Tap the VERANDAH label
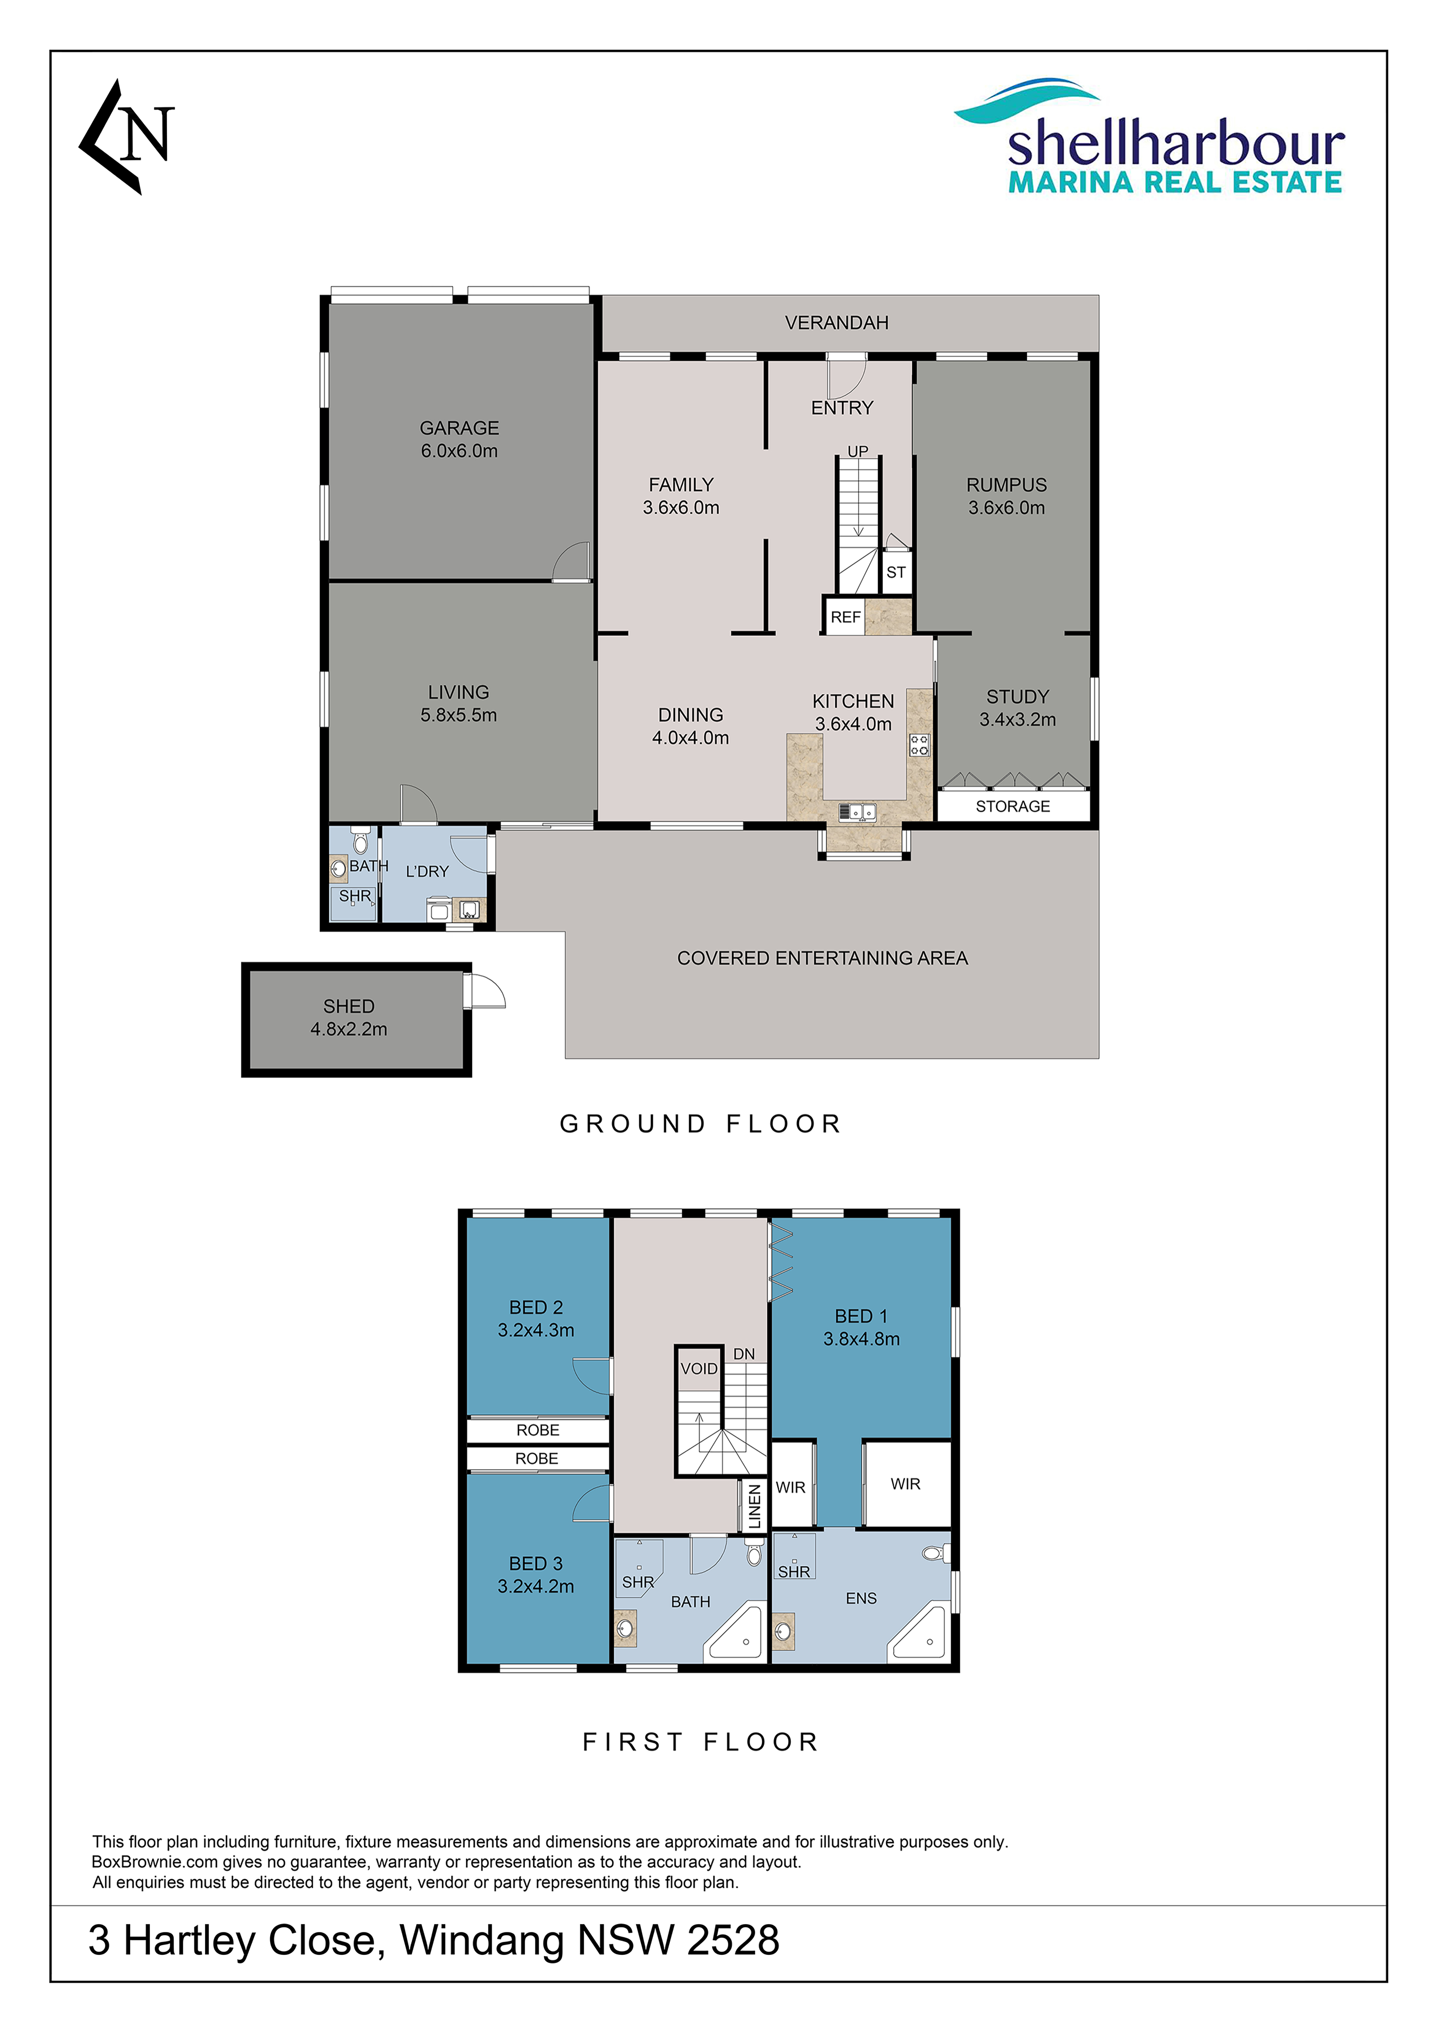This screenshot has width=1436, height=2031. pyautogui.click(x=836, y=323)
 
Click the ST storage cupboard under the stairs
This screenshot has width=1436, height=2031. pyautogui.click(x=896, y=571)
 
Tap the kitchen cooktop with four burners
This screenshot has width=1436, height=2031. pyautogui.click(x=919, y=745)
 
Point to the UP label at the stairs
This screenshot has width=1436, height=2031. pyautogui.click(x=857, y=451)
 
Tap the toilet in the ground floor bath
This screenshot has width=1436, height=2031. pyautogui.click(x=359, y=841)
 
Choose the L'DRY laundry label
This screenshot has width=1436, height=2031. pyautogui.click(x=427, y=871)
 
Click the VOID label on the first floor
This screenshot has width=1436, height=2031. pyautogui.click(x=699, y=1368)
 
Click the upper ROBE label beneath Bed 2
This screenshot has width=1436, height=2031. pyautogui.click(x=537, y=1430)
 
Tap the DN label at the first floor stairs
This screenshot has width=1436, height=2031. pyautogui.click(x=744, y=1354)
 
